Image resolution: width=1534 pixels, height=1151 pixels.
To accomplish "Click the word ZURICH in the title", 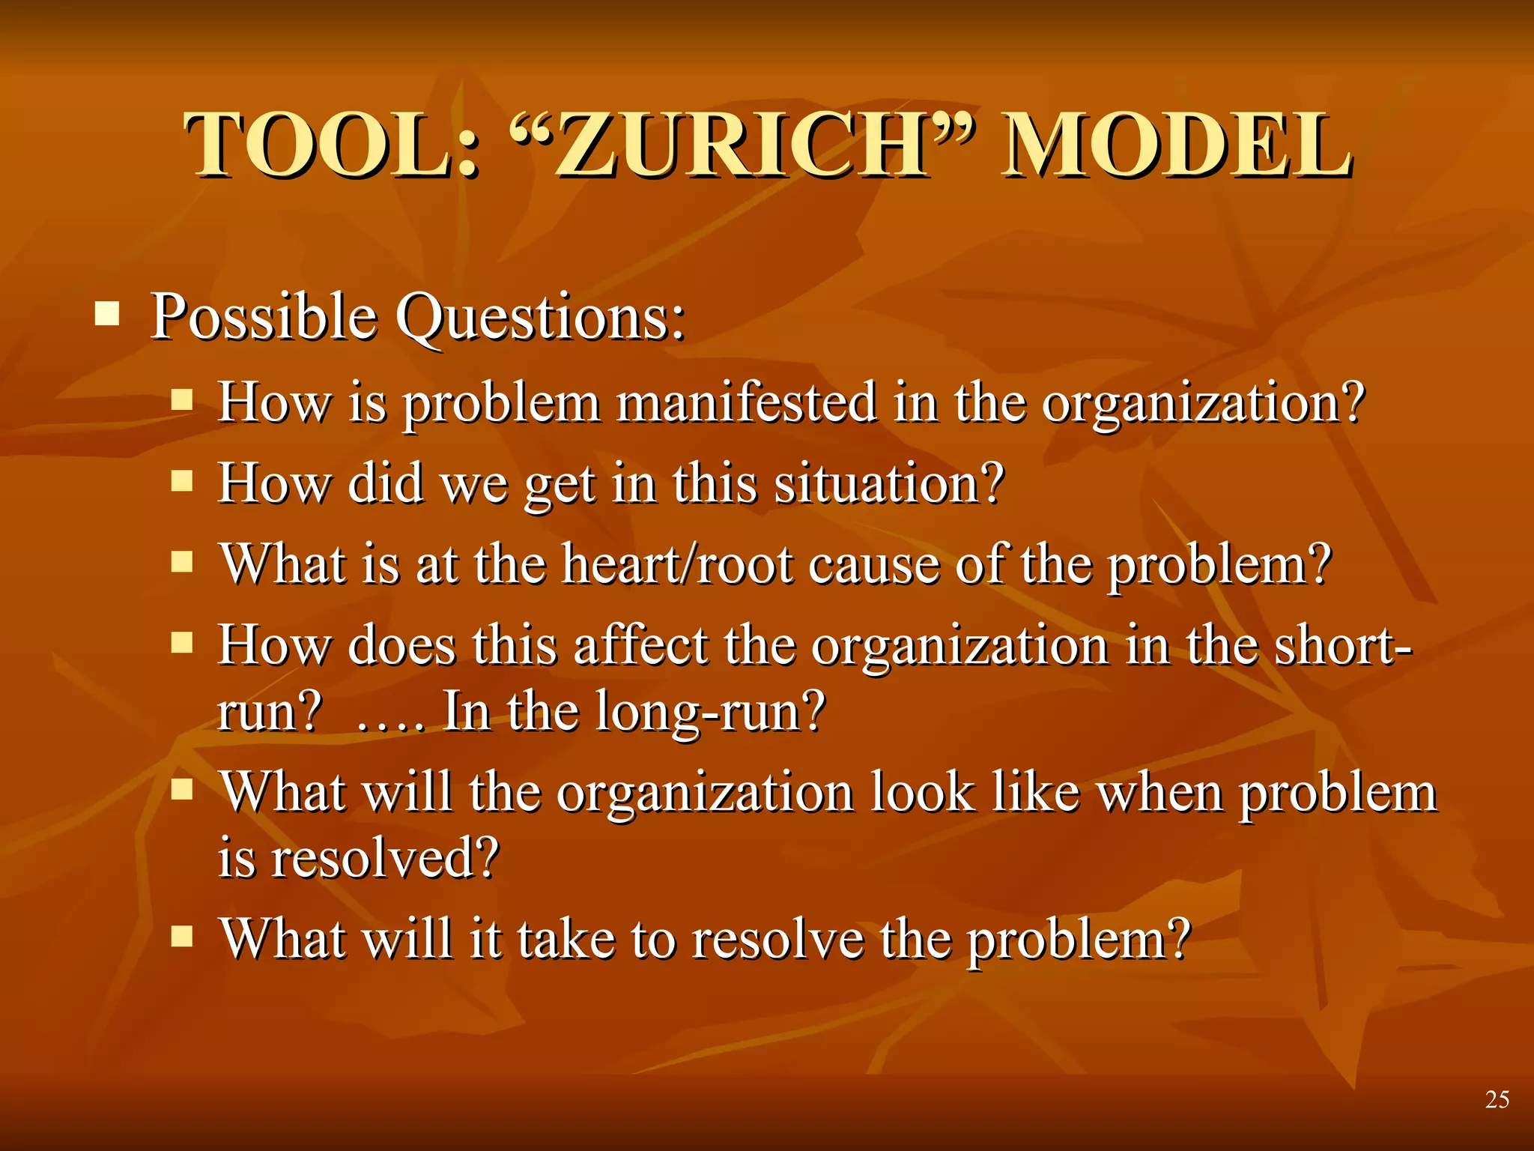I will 742,146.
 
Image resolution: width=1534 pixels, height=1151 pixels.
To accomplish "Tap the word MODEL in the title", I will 1176,146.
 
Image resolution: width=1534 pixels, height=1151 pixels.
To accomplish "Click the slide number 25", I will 1497,1099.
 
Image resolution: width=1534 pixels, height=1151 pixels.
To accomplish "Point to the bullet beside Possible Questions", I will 107,314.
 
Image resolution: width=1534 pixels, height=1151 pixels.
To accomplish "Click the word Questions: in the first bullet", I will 540,318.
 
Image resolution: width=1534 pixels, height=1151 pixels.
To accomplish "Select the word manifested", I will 746,402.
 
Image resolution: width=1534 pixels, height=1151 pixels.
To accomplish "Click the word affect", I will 640,645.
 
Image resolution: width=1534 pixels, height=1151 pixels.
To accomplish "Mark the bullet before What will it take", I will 182,936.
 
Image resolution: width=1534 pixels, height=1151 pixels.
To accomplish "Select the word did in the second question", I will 385,483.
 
